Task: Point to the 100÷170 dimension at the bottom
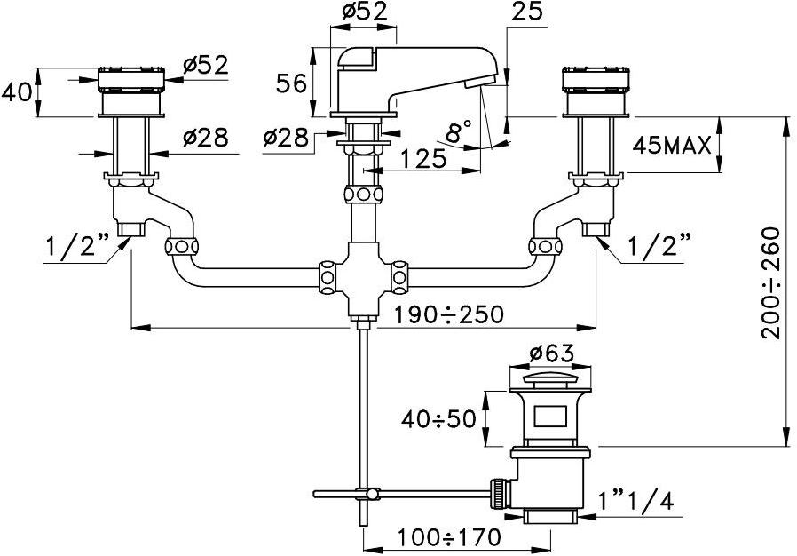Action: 449,537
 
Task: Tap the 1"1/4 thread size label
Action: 637,502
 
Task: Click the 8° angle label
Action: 459,133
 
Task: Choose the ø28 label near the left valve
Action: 205,138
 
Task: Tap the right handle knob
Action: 596,81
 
